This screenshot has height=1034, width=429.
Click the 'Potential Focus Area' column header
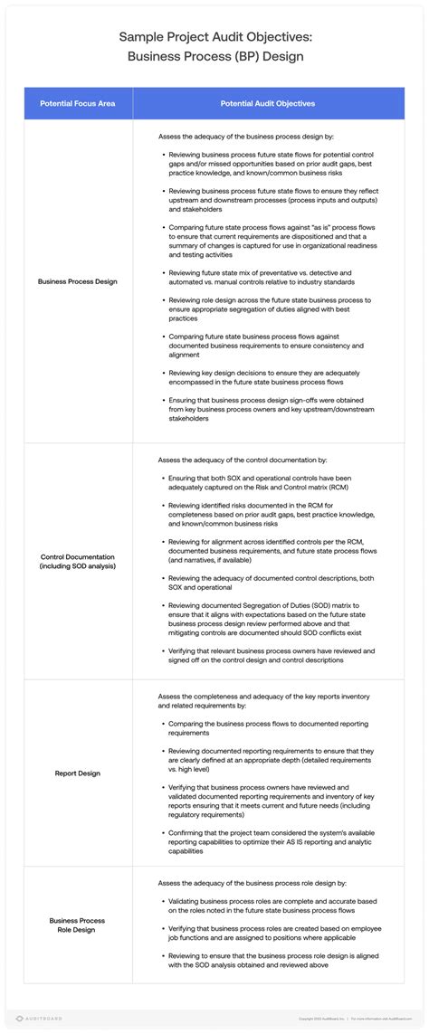pos(78,104)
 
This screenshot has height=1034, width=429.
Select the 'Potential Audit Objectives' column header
pos(268,104)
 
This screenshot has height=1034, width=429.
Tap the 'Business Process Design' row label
pos(78,281)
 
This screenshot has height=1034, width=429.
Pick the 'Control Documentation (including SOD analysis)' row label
pos(78,561)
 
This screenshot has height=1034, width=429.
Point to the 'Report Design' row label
pos(78,773)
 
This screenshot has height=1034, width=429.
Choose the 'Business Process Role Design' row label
pos(78,925)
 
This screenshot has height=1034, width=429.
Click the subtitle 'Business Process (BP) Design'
pos(214,57)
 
